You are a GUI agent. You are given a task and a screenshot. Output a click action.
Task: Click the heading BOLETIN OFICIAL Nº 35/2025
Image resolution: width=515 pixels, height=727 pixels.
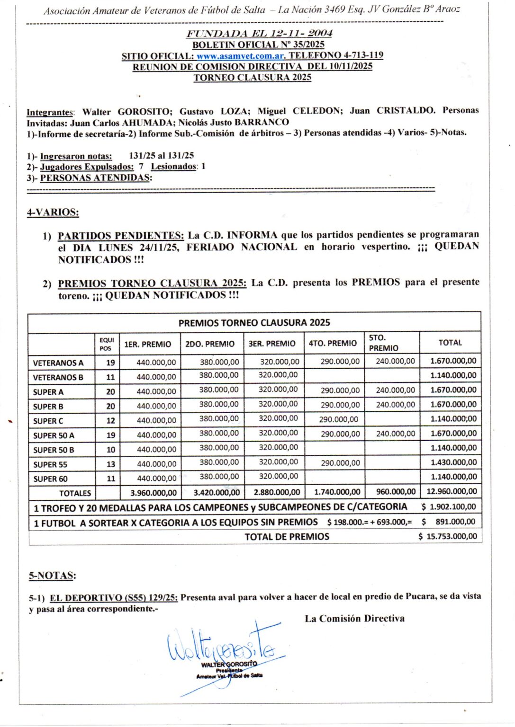tap(258, 45)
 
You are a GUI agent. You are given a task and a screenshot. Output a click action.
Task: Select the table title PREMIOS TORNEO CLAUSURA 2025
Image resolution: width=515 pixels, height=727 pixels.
tap(254, 323)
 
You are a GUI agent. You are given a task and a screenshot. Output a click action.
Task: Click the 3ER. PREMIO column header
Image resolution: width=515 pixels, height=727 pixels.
tap(272, 344)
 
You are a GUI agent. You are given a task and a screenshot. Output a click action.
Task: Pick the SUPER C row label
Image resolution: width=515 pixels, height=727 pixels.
tap(48, 421)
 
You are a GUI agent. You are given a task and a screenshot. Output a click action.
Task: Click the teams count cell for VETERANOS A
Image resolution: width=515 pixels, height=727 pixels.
tap(110, 363)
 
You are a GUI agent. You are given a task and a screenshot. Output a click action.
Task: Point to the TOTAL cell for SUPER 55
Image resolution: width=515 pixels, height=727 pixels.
tap(453, 462)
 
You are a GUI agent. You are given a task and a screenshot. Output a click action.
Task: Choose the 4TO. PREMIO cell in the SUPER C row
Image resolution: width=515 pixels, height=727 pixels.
tap(338, 419)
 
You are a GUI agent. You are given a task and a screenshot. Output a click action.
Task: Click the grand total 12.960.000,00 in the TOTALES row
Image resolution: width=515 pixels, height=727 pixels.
tap(451, 492)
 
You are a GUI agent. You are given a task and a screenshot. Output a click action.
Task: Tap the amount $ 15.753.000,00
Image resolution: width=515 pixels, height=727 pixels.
tap(448, 537)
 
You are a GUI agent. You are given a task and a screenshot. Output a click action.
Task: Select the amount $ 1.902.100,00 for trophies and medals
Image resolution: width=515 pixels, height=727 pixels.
tap(448, 507)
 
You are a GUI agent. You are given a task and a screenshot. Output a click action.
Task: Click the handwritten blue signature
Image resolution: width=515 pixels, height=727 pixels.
tap(223, 648)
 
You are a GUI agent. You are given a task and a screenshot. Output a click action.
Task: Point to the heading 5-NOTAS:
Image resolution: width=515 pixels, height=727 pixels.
tap(52, 576)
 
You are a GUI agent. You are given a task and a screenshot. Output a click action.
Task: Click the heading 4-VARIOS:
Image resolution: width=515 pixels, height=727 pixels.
tap(53, 213)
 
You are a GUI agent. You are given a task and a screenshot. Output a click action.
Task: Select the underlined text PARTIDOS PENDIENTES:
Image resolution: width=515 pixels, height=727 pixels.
tap(120, 235)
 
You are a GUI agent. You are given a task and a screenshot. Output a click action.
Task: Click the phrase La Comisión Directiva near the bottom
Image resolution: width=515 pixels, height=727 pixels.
tap(354, 619)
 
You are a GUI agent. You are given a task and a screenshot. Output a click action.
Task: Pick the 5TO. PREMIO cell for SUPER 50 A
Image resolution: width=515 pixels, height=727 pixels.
tap(395, 434)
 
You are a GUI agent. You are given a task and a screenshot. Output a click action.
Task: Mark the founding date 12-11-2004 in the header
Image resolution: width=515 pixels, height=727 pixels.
tap(301, 33)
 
